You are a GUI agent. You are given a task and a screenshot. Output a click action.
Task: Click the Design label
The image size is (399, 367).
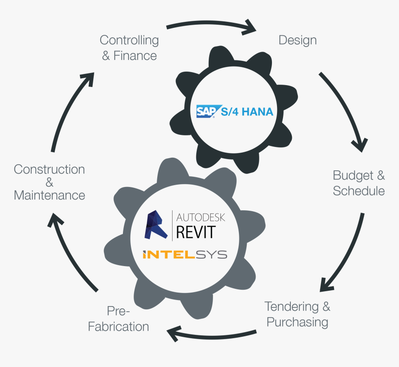tap(297, 40)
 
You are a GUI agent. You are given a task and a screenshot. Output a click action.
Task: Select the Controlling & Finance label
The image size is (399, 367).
tap(129, 48)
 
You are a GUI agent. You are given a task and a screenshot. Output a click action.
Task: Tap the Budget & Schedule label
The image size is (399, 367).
tap(359, 183)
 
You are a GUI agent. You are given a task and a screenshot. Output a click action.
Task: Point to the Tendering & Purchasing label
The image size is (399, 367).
tap(297, 314)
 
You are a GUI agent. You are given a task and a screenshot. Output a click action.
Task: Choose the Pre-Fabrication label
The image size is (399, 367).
tap(118, 319)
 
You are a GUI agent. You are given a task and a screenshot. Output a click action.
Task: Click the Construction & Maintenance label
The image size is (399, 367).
tap(49, 182)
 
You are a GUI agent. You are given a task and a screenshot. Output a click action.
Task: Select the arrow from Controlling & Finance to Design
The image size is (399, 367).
tap(211, 26)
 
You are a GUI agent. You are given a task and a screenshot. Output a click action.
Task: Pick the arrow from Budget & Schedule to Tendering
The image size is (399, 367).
tap(346, 254)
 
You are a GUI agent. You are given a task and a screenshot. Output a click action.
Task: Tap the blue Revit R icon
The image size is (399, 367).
tap(156, 225)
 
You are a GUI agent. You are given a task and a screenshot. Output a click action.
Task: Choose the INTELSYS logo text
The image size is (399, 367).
tap(185, 254)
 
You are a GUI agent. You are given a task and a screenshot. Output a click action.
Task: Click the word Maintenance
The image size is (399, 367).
tap(49, 195)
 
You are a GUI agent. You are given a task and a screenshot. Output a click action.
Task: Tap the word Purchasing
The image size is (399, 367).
tap(297, 322)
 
